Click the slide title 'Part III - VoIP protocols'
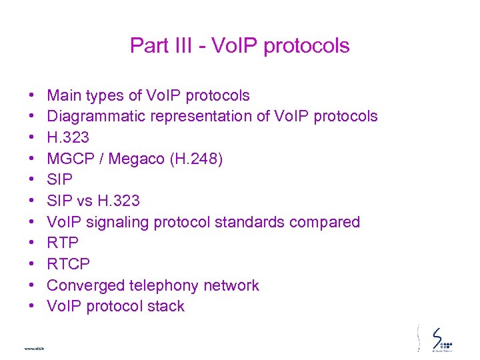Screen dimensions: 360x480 point(239,45)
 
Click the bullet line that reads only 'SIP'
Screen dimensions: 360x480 point(60,180)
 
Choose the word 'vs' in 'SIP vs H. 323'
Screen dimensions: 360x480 point(85,201)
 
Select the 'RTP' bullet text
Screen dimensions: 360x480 point(63,243)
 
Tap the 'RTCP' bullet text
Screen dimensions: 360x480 point(68,265)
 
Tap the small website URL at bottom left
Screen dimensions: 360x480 point(33,349)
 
